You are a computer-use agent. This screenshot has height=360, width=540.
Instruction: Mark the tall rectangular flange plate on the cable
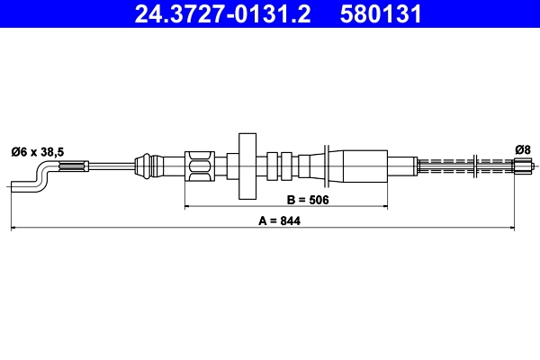pyautogui.click(x=247, y=166)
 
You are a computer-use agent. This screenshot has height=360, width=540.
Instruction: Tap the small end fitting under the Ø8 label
pyautogui.click(x=521, y=166)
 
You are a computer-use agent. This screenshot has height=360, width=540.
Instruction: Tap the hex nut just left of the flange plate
pyautogui.click(x=200, y=166)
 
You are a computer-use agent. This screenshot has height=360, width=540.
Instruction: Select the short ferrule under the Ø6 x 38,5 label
pyautogui.click(x=74, y=166)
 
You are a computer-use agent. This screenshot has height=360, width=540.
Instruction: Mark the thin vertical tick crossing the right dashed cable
pyautogui.click(x=474, y=166)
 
